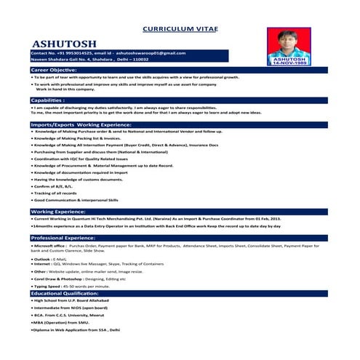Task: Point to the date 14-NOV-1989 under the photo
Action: coord(290,64)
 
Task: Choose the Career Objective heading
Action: coord(59,69)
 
